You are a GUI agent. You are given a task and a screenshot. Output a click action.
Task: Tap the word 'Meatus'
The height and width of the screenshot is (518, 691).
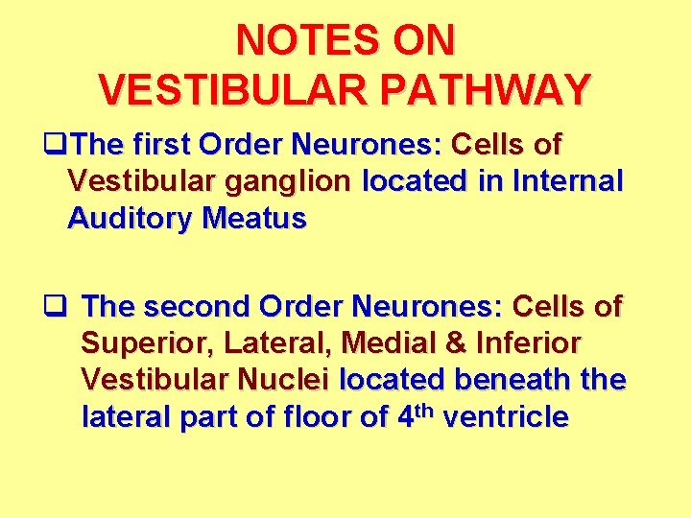254,220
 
